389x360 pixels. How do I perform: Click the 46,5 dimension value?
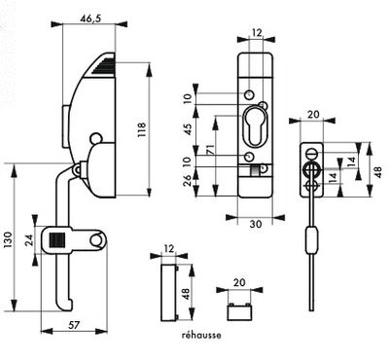point(90,18)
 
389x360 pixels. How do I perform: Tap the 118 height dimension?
point(142,129)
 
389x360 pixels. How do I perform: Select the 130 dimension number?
point(8,240)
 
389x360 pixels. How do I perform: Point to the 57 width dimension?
point(74,325)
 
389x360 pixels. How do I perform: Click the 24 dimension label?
point(29,240)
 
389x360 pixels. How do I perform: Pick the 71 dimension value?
point(210,151)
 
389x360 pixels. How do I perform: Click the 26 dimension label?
point(188,181)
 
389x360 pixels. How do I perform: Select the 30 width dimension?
point(256,224)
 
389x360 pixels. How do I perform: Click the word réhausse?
point(201,335)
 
